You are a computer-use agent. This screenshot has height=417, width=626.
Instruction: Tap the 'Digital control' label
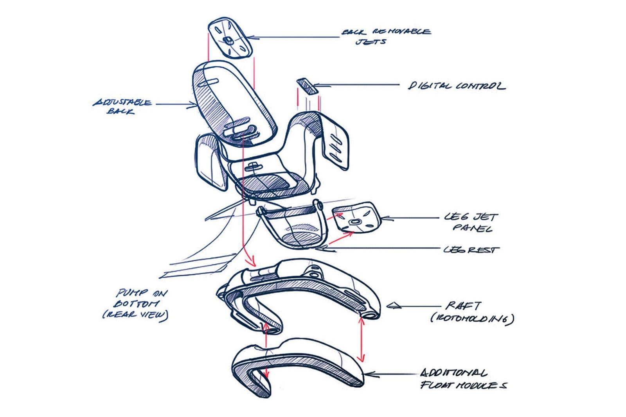[456, 86]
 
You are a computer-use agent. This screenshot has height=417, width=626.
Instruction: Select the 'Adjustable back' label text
[122, 107]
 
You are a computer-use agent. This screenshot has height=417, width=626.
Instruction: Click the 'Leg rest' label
[471, 249]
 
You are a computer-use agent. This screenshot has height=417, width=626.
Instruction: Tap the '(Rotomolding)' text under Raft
[472, 319]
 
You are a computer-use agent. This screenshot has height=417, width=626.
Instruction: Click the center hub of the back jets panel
[228, 40]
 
